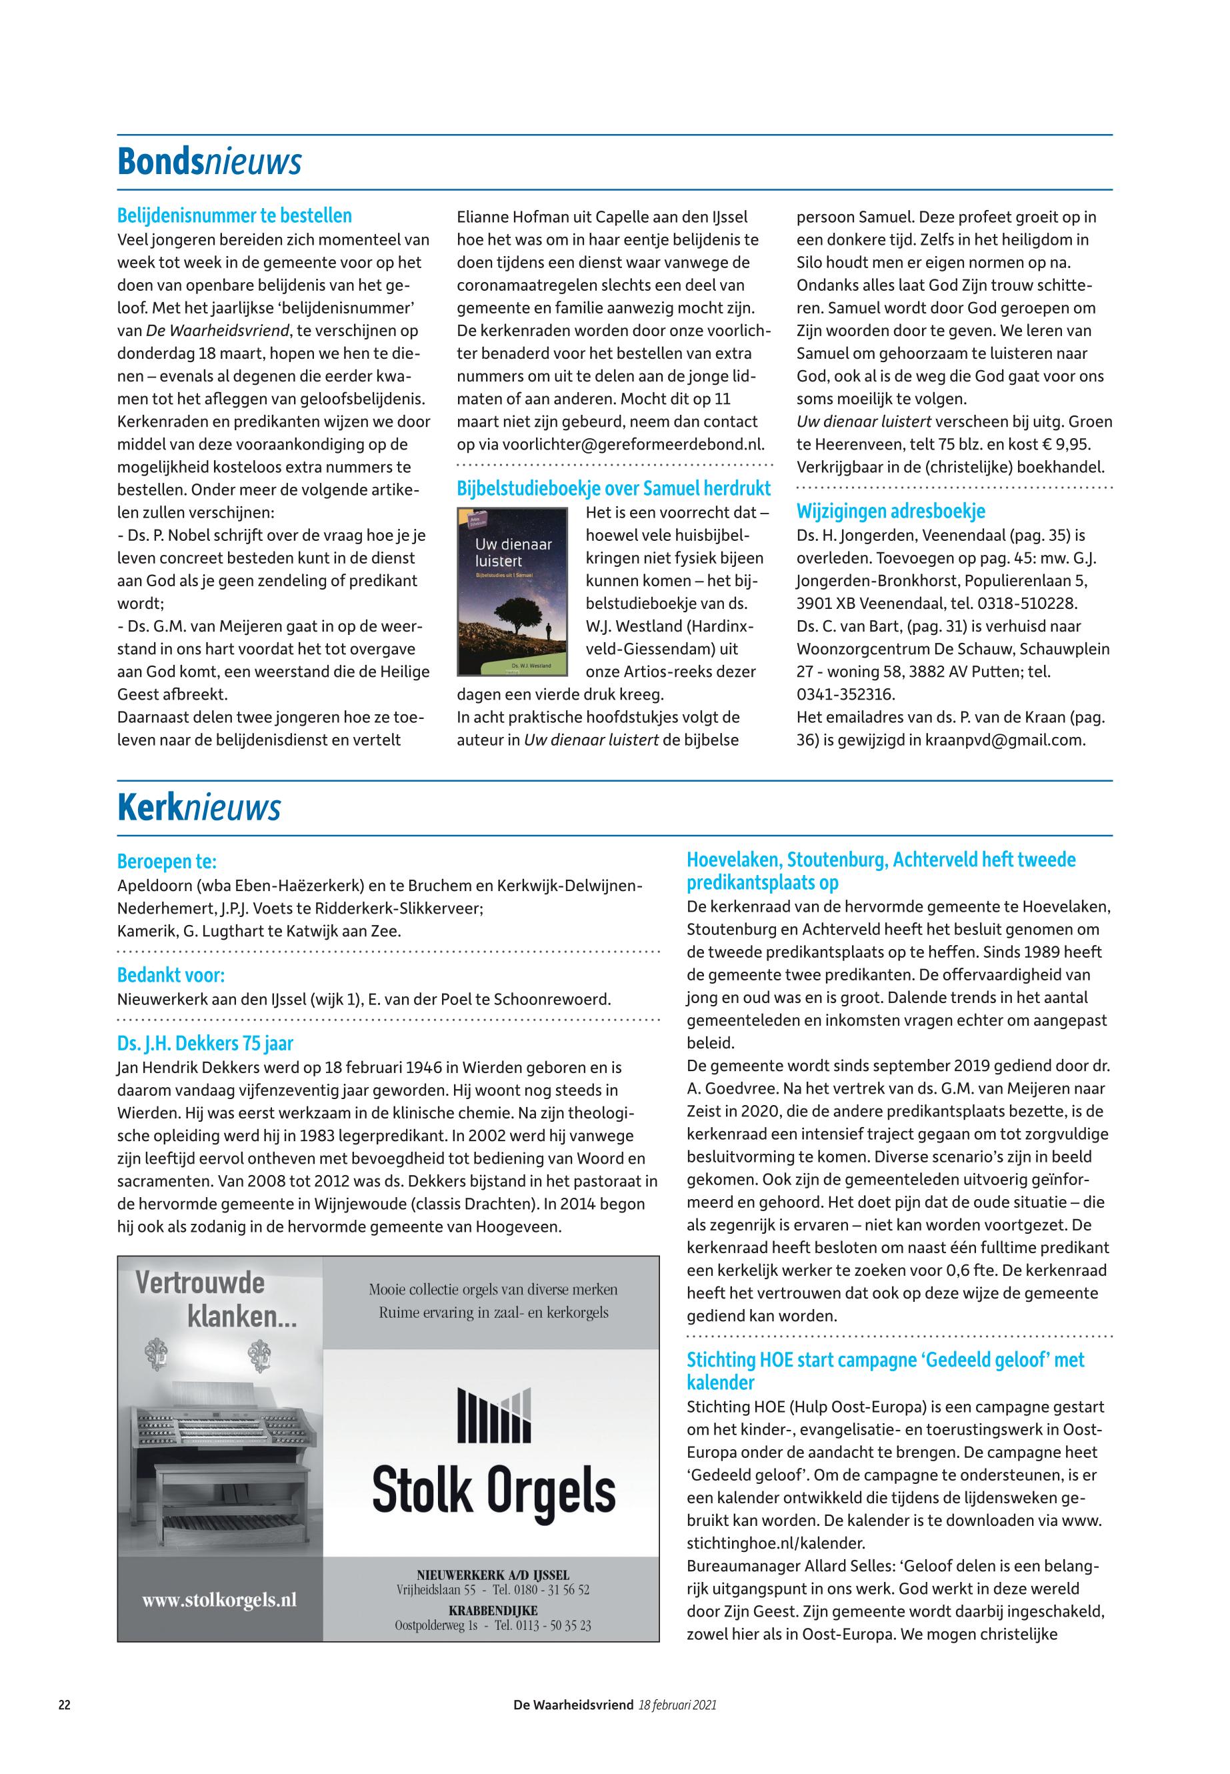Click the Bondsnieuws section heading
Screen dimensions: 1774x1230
(209, 162)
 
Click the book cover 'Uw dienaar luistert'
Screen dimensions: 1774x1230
(512, 592)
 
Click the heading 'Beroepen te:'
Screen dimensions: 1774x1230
(167, 860)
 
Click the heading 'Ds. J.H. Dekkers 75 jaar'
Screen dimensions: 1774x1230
(205, 1044)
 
